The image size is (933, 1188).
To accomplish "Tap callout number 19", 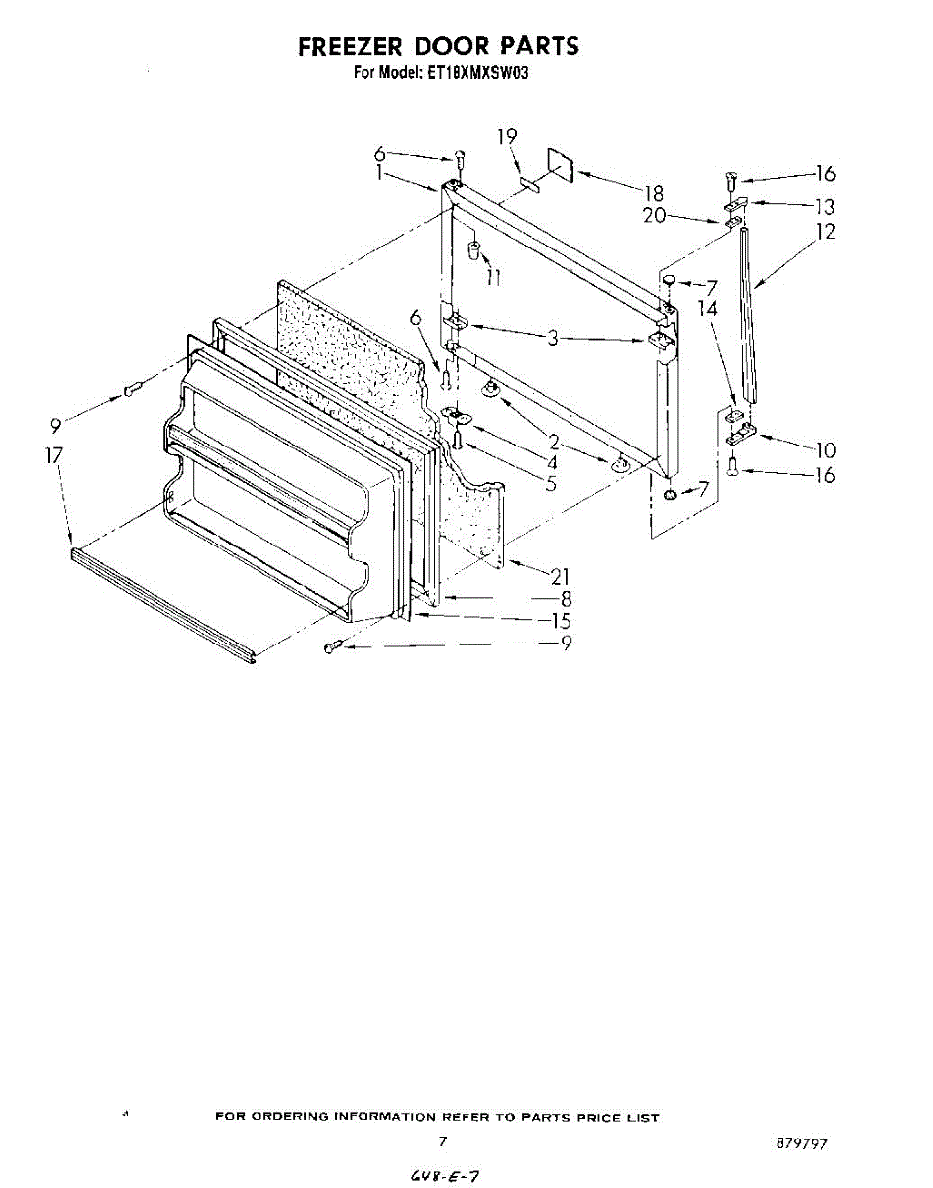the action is (507, 136).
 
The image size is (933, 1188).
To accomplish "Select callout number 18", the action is (654, 193).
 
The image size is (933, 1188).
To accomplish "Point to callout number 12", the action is (825, 231).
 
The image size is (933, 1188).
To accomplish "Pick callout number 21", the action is (561, 575).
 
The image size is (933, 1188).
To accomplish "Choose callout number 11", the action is (494, 277).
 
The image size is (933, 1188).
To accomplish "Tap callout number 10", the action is (825, 450).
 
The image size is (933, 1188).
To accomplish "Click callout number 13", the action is (825, 206).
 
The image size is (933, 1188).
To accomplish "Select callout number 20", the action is (654, 215).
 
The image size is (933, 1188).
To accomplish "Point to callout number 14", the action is (706, 308).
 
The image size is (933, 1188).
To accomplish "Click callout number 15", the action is (561, 621).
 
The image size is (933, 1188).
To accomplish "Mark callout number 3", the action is (554, 339).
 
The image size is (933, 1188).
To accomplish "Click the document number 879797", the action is (802, 1143).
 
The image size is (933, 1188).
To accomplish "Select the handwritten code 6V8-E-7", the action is (437, 1176).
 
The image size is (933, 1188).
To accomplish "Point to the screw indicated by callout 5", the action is (458, 438).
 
